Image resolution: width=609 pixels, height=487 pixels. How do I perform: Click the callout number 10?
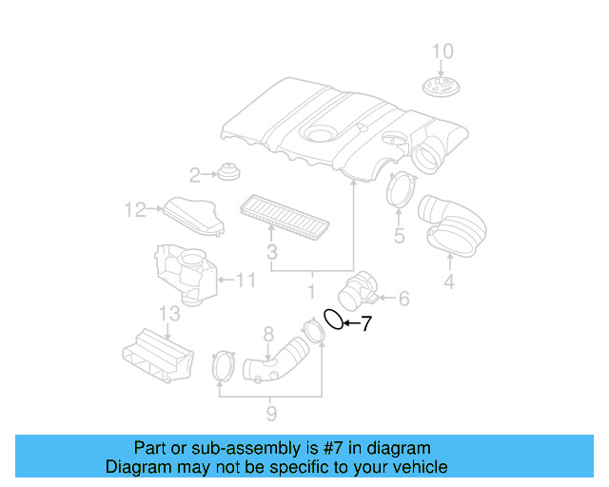pyautogui.click(x=443, y=50)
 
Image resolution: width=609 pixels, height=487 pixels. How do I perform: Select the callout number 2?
pyautogui.click(x=194, y=175)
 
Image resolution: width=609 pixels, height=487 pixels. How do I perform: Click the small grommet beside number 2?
pyautogui.click(x=227, y=173)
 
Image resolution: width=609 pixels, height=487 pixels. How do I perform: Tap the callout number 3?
pyautogui.click(x=271, y=253)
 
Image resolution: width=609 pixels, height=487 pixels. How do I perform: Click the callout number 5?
pyautogui.click(x=399, y=235)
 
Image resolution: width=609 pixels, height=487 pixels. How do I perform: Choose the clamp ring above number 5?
pyautogui.click(x=402, y=190)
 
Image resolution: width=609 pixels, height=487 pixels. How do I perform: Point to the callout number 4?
pyautogui.click(x=448, y=282)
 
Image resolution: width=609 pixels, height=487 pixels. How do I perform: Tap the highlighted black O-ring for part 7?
pyautogui.click(x=334, y=320)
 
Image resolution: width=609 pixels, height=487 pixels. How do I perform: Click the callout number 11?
pyautogui.click(x=246, y=281)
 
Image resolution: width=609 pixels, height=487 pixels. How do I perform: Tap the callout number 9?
pyautogui.click(x=271, y=413)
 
